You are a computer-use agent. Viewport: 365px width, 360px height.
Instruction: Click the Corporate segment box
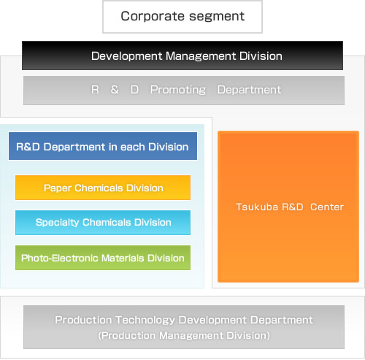pyautogui.click(x=182, y=17)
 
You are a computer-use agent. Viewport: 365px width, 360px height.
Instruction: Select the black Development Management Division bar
pyautogui.click(x=182, y=55)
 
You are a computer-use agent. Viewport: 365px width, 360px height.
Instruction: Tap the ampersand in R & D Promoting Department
pyautogui.click(x=115, y=90)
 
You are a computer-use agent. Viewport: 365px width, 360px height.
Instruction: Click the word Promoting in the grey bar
pyautogui.click(x=178, y=90)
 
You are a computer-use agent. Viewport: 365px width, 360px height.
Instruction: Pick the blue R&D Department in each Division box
pyautogui.click(x=103, y=146)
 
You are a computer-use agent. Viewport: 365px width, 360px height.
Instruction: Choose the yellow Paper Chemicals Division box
pyautogui.click(x=103, y=188)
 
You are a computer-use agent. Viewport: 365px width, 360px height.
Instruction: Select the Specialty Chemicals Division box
pyautogui.click(x=103, y=223)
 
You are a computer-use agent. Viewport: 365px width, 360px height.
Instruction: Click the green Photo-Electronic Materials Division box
pyautogui.click(x=103, y=258)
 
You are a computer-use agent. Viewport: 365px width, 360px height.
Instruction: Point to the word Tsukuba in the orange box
pyautogui.click(x=257, y=207)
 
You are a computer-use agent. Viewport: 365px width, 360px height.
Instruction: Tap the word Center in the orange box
pyautogui.click(x=327, y=207)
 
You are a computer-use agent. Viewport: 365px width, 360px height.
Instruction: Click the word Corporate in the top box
pyautogui.click(x=153, y=17)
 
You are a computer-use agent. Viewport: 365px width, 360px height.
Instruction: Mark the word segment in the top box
pyautogui.click(x=217, y=17)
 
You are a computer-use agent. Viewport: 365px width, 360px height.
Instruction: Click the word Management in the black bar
pyautogui.click(x=201, y=56)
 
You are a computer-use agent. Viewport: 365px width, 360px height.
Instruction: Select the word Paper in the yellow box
pyautogui.click(x=57, y=188)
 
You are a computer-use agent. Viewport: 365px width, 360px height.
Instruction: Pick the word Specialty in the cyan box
pyautogui.click(x=57, y=223)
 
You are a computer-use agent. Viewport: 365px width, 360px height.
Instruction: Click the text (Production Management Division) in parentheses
pyautogui.click(x=184, y=336)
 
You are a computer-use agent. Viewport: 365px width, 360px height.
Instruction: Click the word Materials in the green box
pyautogui.click(x=123, y=258)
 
